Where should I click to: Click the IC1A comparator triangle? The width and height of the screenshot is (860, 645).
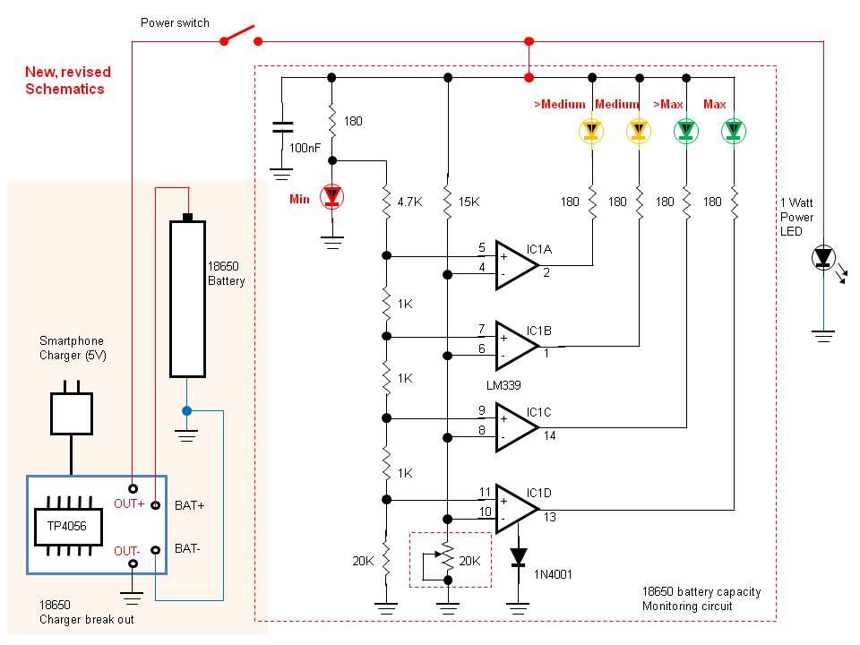click(515, 264)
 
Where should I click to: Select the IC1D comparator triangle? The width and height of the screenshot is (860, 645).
click(515, 508)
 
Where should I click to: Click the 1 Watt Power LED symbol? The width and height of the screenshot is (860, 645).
click(823, 259)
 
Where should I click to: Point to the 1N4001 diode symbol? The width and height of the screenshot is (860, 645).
click(518, 557)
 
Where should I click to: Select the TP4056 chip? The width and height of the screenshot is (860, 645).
click(67, 526)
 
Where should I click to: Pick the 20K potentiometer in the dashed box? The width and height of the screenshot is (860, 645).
click(447, 560)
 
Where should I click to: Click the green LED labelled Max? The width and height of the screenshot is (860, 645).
click(734, 132)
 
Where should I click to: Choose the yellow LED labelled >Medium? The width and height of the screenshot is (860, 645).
click(590, 132)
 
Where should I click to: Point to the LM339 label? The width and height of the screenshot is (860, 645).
click(503, 383)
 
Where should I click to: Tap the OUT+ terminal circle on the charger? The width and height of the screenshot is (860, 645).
click(133, 488)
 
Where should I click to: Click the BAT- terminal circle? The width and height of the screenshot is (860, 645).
click(156, 549)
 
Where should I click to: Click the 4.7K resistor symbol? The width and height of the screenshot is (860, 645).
click(387, 202)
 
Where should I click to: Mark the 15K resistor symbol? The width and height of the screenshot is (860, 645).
click(447, 202)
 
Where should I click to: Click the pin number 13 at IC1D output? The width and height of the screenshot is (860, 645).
click(549, 516)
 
